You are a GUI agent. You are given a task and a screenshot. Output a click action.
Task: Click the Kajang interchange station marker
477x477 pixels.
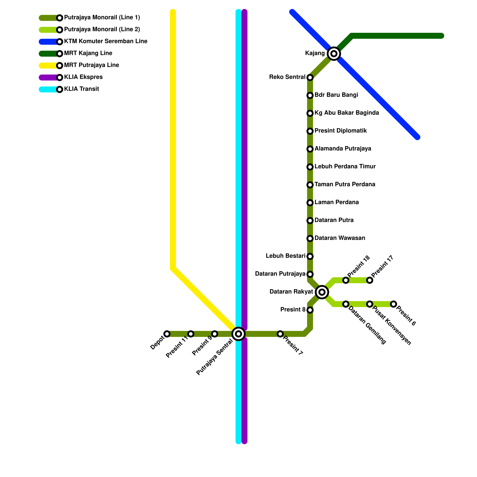[x=334, y=54]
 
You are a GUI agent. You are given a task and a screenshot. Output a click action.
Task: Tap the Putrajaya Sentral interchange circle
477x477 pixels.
[x=238, y=334]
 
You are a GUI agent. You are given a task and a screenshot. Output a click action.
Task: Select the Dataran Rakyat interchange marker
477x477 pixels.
[x=322, y=292]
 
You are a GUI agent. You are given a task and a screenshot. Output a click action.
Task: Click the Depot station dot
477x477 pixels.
[x=167, y=334]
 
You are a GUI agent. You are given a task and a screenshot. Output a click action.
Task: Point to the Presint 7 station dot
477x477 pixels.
[x=280, y=334]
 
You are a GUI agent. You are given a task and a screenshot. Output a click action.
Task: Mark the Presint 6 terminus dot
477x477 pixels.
[x=394, y=304]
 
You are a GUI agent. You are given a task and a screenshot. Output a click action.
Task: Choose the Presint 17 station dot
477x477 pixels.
[x=370, y=280]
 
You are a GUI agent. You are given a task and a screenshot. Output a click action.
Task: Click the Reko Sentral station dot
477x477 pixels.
[x=310, y=78]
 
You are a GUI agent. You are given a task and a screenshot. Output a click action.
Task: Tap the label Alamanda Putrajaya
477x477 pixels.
[x=343, y=149]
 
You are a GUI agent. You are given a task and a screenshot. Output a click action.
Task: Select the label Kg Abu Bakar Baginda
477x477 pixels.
[x=347, y=113]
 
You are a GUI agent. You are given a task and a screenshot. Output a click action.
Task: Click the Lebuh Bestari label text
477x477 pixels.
[x=286, y=256]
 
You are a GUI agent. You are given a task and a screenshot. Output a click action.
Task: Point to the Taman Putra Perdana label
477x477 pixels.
[x=345, y=185]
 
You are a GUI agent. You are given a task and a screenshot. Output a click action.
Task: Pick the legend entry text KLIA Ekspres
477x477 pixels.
[x=83, y=77]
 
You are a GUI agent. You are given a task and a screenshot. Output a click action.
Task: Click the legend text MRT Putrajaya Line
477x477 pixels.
[x=92, y=65]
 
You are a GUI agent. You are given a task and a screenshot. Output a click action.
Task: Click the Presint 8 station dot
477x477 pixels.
[x=310, y=310]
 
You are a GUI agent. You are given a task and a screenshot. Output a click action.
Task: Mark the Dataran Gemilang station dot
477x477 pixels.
[x=346, y=304]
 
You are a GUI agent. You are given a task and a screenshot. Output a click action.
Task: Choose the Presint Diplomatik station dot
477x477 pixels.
[x=310, y=131]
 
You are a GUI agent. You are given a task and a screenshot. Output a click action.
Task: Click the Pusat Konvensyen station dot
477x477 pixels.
[x=370, y=304]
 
